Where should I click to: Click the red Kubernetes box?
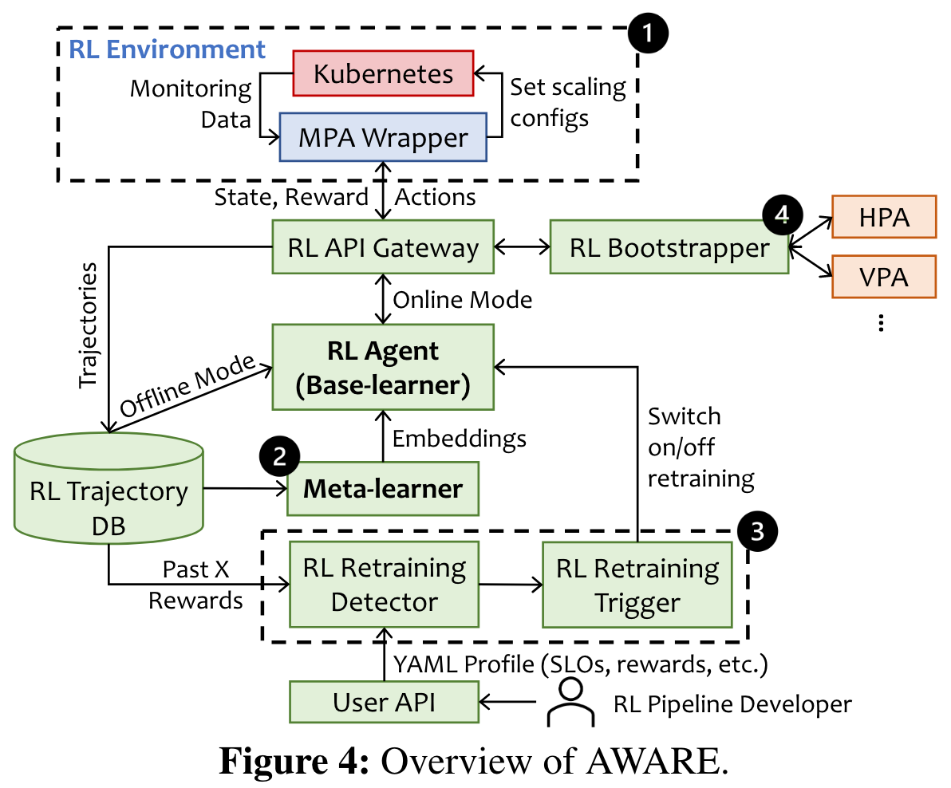(384, 74)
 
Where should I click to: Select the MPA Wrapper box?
(383, 137)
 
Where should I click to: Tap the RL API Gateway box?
(383, 248)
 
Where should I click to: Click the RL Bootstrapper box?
(669, 248)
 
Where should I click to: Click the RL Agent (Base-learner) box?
(383, 368)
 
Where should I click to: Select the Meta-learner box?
(383, 488)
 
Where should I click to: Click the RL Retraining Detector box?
(384, 584)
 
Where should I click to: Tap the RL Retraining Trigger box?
(637, 584)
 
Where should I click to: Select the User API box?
(384, 702)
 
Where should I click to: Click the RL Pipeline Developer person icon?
(570, 702)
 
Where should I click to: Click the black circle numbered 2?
(279, 457)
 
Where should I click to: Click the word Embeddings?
(460, 438)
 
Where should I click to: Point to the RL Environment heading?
(168, 49)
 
